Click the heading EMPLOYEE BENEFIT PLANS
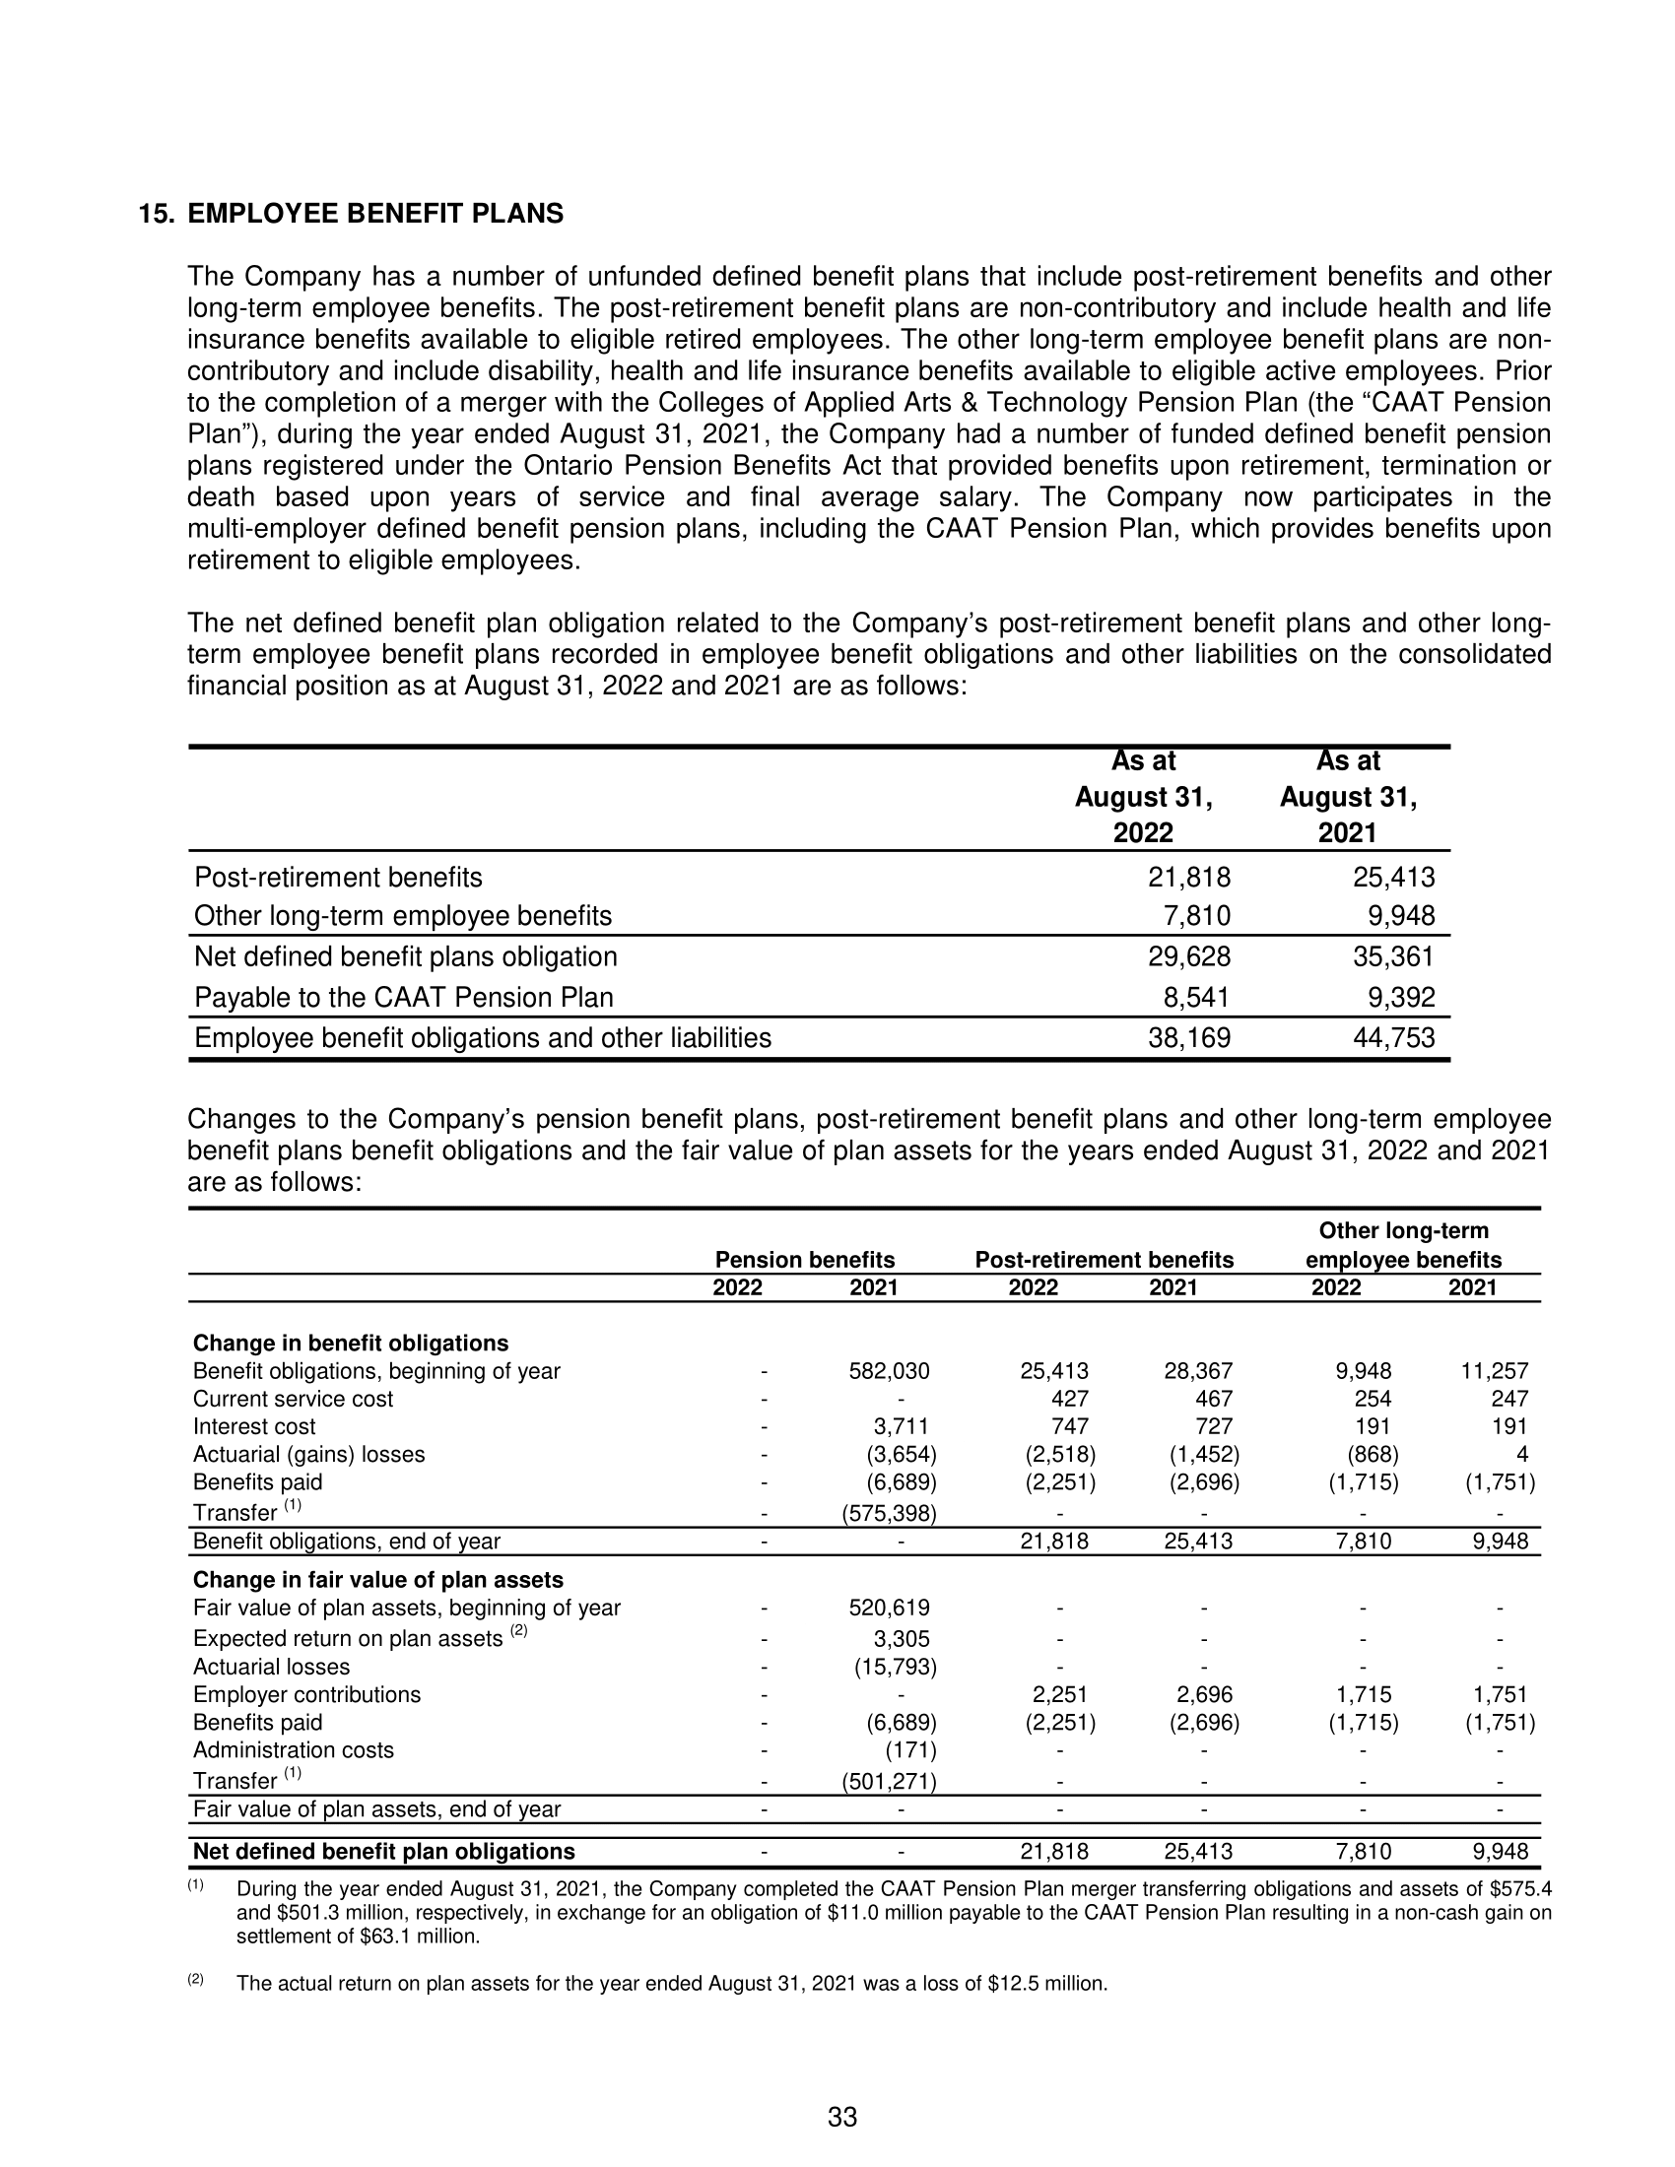point(375,214)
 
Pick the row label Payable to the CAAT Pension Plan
point(404,997)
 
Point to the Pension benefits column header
point(805,1259)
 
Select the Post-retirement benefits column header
point(1104,1259)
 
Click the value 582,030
point(889,1371)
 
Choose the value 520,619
point(889,1608)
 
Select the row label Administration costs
point(293,1750)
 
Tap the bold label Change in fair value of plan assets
point(378,1580)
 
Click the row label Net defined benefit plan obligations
point(384,1852)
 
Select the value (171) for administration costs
point(910,1750)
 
